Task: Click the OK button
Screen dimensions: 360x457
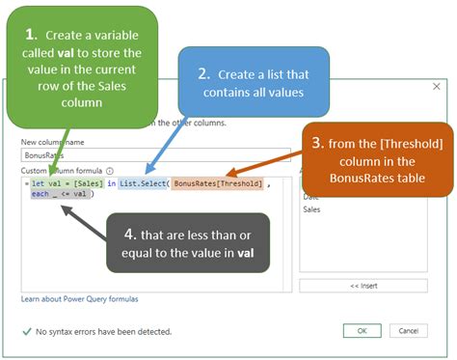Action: pyautogui.click(x=362, y=331)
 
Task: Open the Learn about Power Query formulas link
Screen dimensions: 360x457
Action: pyautogui.click(x=80, y=300)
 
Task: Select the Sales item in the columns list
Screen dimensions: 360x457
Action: pyautogui.click(x=312, y=208)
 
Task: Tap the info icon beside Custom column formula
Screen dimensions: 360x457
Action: pyautogui.click(x=110, y=170)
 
